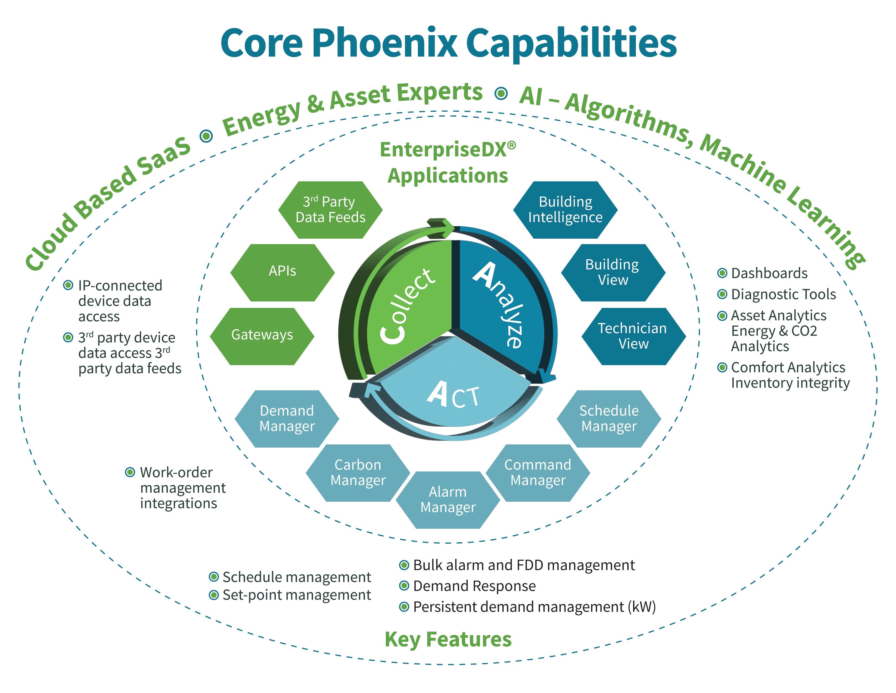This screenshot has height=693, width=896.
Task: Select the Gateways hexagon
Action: [x=262, y=336]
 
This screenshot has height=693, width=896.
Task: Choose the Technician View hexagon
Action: [x=633, y=336]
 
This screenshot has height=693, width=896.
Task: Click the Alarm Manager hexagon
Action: [x=447, y=500]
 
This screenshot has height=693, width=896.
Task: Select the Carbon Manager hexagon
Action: [x=358, y=473]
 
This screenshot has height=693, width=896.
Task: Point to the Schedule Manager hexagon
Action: [x=609, y=418]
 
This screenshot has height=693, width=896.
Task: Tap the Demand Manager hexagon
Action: [x=287, y=418]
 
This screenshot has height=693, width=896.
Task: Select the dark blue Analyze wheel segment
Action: [x=500, y=304]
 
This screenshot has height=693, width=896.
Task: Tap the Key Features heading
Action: [x=448, y=639]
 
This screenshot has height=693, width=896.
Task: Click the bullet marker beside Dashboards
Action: [x=722, y=273]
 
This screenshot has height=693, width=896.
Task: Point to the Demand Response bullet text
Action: [x=474, y=586]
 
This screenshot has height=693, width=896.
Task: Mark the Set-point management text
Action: [x=296, y=595]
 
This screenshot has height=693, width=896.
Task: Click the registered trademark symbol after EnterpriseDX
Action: [x=511, y=145]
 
